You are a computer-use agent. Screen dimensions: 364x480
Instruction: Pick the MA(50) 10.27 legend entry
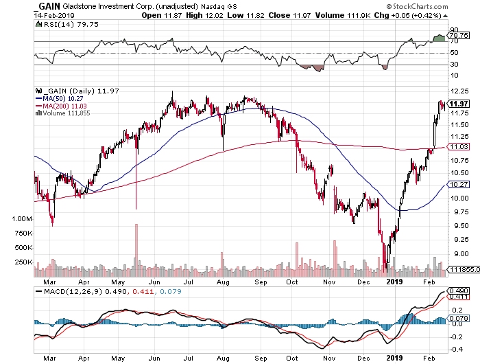63,98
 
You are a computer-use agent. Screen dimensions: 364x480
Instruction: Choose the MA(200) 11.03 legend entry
64,106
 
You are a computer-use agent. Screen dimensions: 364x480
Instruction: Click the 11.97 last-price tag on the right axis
457,104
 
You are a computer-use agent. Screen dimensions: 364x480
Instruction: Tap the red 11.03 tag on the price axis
457,147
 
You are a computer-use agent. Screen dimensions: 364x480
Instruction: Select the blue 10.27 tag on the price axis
457,184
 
